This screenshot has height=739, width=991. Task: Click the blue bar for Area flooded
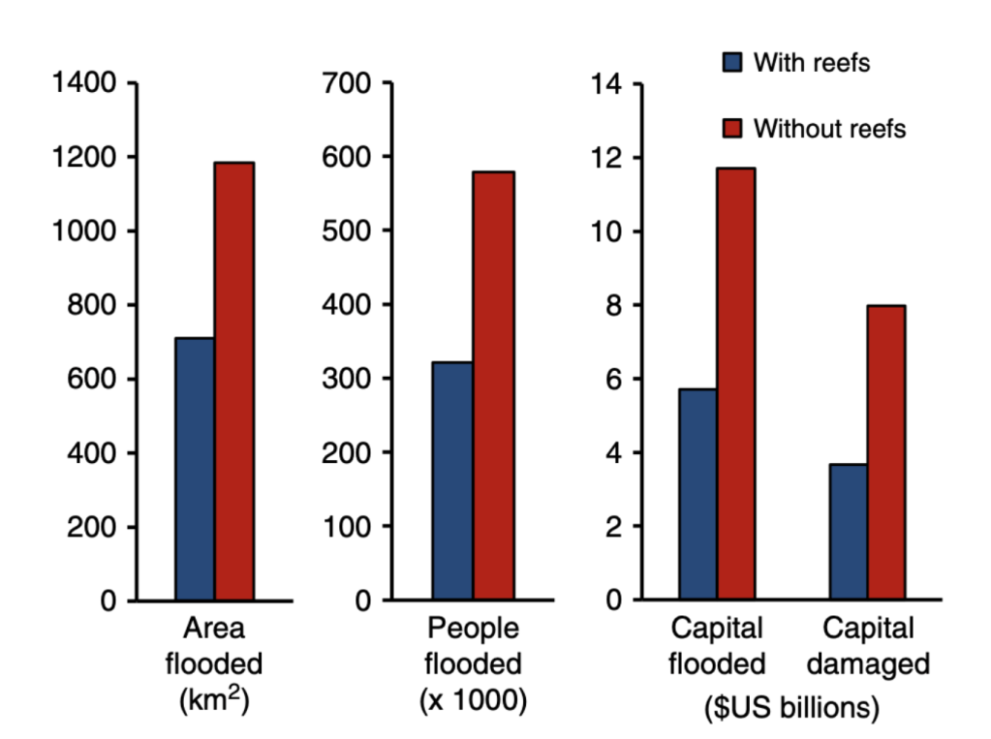pyautogui.click(x=195, y=470)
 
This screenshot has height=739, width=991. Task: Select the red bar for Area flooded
pyautogui.click(x=234, y=382)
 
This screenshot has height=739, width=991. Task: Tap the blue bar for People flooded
pyautogui.click(x=453, y=481)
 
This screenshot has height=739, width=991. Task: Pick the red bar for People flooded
pyautogui.click(x=493, y=386)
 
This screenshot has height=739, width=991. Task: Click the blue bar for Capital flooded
pyautogui.click(x=697, y=495)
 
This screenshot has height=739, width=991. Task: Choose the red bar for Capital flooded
pyautogui.click(x=736, y=385)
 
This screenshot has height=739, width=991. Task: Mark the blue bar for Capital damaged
pyautogui.click(x=848, y=533)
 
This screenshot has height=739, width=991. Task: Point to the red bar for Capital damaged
pyautogui.click(x=886, y=453)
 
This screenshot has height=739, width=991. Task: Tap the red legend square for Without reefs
pyautogui.click(x=733, y=128)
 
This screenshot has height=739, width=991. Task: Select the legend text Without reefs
pyautogui.click(x=830, y=128)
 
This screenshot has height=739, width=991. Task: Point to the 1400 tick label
pyautogui.click(x=84, y=83)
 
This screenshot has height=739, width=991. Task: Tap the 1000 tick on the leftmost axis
pyautogui.click(x=84, y=231)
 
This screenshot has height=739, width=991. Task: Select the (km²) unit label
pyautogui.click(x=214, y=700)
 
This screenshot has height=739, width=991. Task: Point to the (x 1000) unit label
pyautogui.click(x=474, y=700)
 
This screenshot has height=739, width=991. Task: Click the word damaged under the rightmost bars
pyautogui.click(x=868, y=664)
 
